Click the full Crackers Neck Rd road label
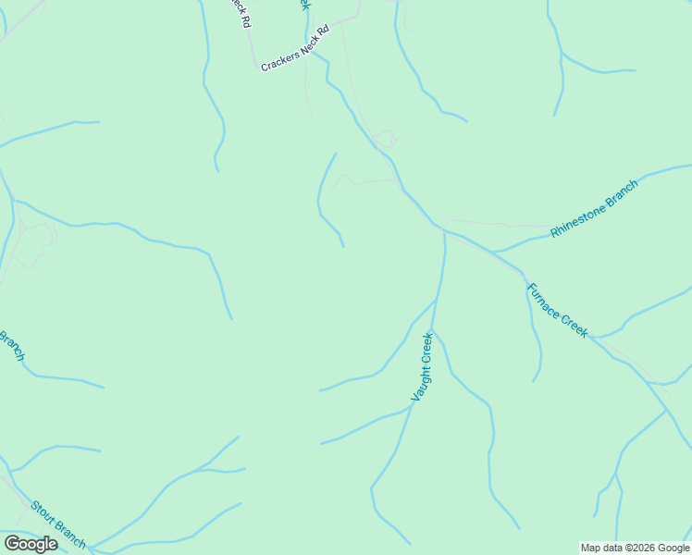pyautogui.click(x=295, y=57)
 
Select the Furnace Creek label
pyautogui.click(x=557, y=310)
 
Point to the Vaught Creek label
pyautogui.click(x=422, y=367)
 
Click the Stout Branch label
pyautogui.click(x=58, y=524)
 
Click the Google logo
pyautogui.click(x=31, y=544)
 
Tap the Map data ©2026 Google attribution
pyautogui.click(x=635, y=548)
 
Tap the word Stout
pyautogui.click(x=43, y=512)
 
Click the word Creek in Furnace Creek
pyautogui.click(x=573, y=325)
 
